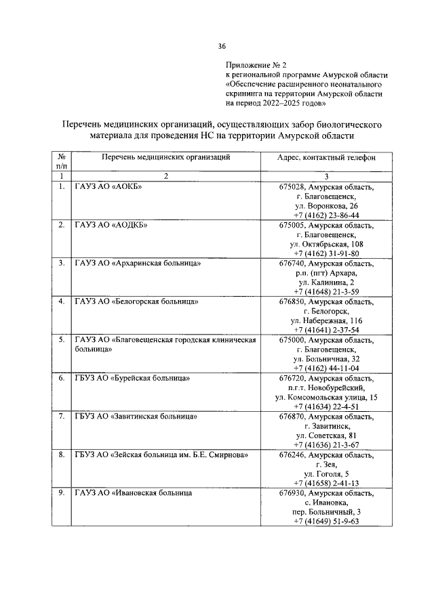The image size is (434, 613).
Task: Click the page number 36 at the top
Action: click(222, 46)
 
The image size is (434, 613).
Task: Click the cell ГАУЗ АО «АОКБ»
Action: click(108, 186)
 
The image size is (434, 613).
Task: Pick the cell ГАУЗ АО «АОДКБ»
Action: click(111, 224)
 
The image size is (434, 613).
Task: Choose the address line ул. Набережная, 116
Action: click(326, 320)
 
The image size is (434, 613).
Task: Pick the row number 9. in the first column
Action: click(62, 493)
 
